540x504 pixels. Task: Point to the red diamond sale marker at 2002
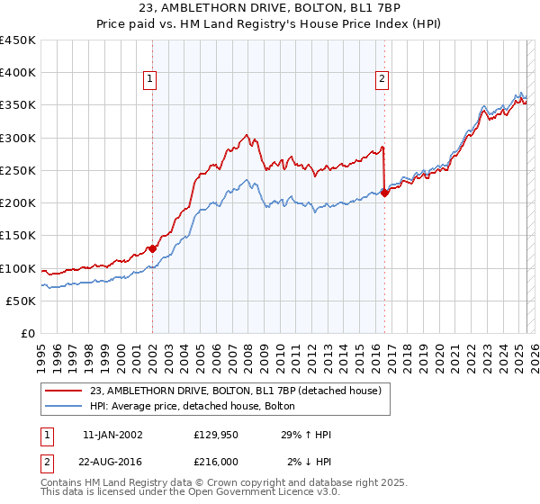pyautogui.click(x=152, y=248)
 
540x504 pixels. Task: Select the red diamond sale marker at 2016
pyautogui.click(x=384, y=192)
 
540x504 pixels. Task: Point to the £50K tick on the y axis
pyautogui.click(x=21, y=301)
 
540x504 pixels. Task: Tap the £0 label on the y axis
pyautogui.click(x=27, y=334)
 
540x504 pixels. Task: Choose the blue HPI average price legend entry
pyautogui.click(x=199, y=407)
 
